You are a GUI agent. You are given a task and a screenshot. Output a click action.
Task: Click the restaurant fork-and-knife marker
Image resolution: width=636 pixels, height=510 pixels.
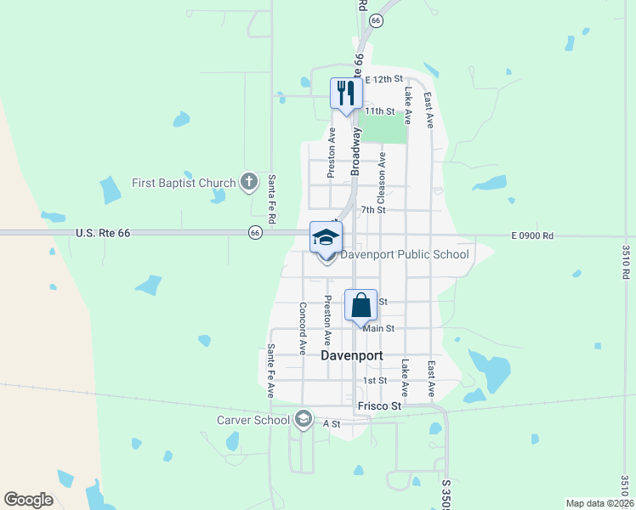pyautogui.click(x=346, y=93)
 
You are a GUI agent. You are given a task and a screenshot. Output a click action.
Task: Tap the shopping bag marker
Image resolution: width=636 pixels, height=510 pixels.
pyautogui.click(x=361, y=304)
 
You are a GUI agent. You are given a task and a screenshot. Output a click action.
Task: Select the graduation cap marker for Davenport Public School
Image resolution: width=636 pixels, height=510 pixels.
pyautogui.click(x=325, y=237)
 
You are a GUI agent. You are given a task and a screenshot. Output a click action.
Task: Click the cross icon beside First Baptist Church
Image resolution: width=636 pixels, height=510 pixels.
pyautogui.click(x=248, y=181)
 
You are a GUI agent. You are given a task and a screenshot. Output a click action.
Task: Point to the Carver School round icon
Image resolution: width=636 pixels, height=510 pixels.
pyautogui.click(x=304, y=418)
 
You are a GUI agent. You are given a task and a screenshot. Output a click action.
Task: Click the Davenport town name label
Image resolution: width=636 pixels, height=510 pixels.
pyautogui.click(x=354, y=356)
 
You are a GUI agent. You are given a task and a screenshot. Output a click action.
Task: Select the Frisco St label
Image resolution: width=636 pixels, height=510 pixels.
pyautogui.click(x=379, y=407)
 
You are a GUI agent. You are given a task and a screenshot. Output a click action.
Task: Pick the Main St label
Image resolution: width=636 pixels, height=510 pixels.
pyautogui.click(x=378, y=328)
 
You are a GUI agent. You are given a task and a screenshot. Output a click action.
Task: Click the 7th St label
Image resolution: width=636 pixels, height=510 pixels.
pyautogui.click(x=373, y=210)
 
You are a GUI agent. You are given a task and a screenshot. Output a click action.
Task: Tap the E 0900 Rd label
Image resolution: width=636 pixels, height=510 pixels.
pyautogui.click(x=532, y=235)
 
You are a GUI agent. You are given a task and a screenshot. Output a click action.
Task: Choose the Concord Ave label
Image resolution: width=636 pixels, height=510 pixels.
pyautogui.click(x=302, y=327)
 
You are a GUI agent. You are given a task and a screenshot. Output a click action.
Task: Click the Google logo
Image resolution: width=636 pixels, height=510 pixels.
pyautogui.click(x=28, y=500)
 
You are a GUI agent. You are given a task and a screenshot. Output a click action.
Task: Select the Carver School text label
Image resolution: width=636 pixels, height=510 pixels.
pyautogui.click(x=253, y=419)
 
